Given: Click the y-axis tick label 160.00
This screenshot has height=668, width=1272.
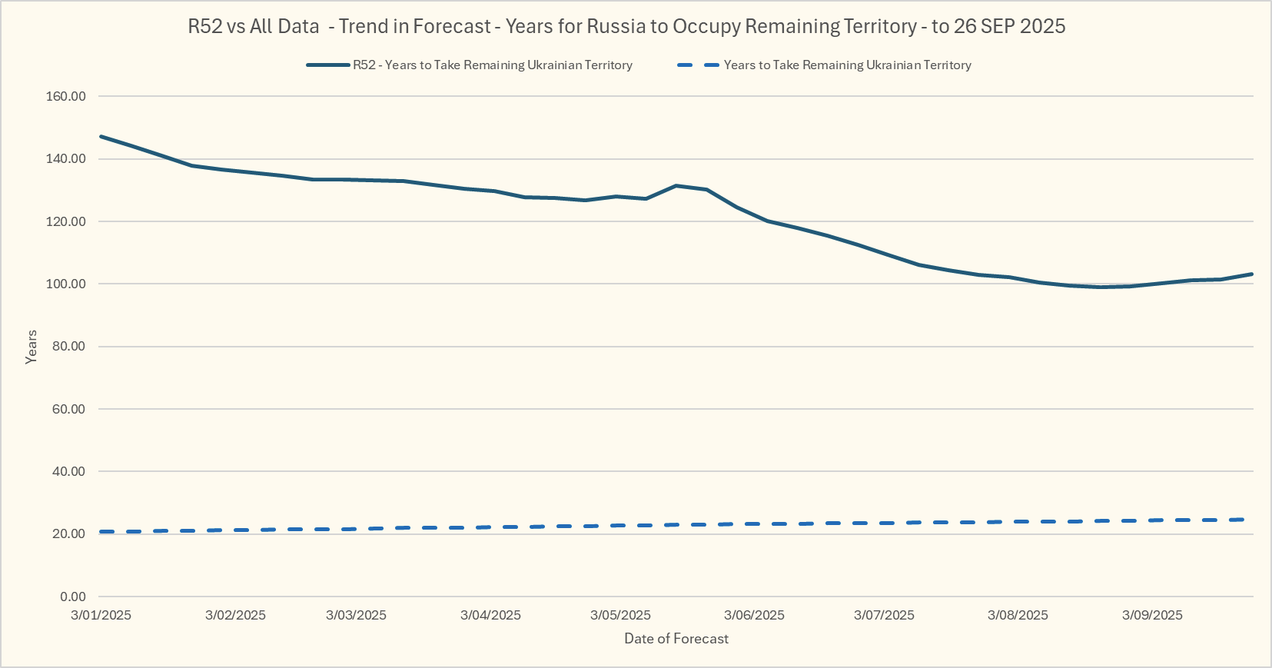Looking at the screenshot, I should click(66, 97).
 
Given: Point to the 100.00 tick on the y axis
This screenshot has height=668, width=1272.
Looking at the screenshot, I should click(66, 284).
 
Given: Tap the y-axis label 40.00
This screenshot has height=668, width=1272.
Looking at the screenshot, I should click(68, 472).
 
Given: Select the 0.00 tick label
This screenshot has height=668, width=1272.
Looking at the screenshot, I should click(72, 597).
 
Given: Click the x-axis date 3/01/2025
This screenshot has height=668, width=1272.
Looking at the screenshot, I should click(101, 616).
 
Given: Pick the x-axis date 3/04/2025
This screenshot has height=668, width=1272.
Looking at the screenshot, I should click(490, 616).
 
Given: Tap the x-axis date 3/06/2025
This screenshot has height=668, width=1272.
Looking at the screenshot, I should click(754, 616).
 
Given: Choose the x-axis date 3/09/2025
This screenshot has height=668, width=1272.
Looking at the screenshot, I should click(1152, 616).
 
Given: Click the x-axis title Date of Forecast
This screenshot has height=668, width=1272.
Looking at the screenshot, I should click(676, 639).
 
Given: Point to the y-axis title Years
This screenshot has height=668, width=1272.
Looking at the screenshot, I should click(32, 347).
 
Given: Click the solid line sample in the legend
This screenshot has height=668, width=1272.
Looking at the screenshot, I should click(328, 65).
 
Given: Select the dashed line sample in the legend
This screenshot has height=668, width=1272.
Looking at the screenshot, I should click(698, 65).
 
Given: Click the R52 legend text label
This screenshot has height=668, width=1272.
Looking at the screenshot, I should click(493, 65).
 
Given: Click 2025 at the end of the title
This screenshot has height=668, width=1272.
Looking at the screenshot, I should click(1043, 27).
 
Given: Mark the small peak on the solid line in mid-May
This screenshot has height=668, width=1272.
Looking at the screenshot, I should click(676, 186).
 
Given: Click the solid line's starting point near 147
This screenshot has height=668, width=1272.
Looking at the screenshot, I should click(101, 137).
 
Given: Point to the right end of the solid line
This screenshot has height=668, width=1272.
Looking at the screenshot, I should click(1252, 274).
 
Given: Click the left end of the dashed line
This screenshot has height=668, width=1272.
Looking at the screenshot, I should click(101, 532).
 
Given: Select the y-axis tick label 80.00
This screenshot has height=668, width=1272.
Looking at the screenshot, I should click(68, 347).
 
